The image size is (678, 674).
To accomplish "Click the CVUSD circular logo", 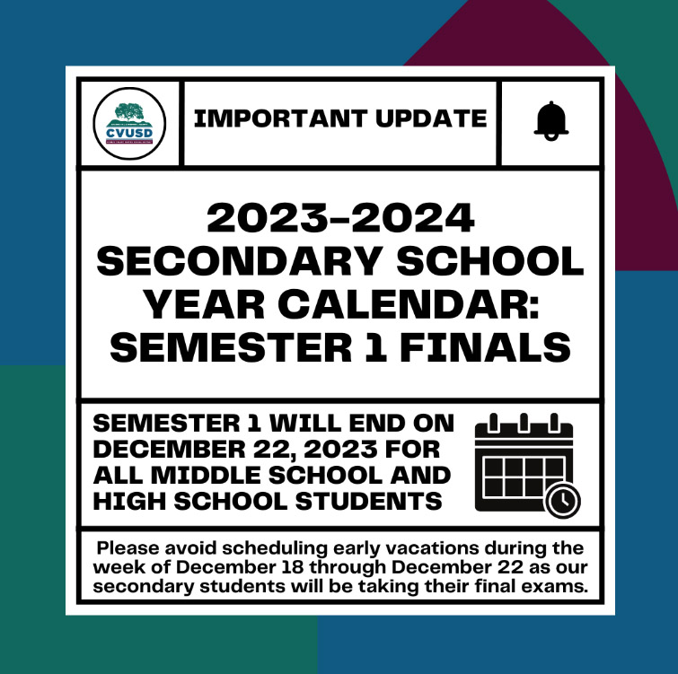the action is coord(129,124).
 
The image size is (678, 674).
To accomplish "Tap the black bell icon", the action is coord(550,121).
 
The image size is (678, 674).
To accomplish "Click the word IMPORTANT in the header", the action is coord(280,118).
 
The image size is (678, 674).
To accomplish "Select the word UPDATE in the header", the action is coord(431,118).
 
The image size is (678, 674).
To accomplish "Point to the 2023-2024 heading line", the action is coord(340,218).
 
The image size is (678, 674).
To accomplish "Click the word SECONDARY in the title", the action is coord(239,261).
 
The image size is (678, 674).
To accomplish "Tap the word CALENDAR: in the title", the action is coord(411,304).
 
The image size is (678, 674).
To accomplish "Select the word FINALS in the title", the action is coord(485,347).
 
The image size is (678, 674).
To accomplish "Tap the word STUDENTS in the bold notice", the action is coord(368,501).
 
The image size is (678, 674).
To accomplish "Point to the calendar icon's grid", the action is coord(524,477).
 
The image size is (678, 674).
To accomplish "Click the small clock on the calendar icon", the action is coord(562,501).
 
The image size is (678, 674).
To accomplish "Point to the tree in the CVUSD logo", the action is coord(128,111).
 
